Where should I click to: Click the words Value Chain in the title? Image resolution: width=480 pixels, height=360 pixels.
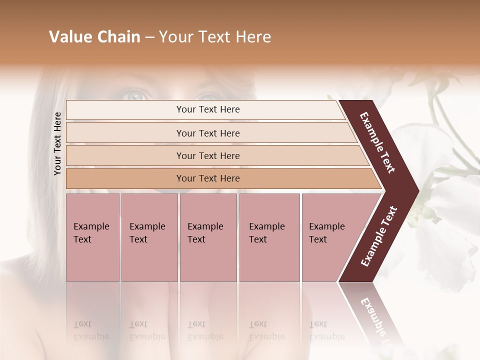[94, 37]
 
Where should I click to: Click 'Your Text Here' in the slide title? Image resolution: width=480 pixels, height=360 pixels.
[215, 37]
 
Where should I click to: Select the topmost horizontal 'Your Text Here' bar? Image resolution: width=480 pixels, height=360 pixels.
[207, 109]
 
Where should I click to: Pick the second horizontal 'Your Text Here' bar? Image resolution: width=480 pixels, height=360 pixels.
[207, 133]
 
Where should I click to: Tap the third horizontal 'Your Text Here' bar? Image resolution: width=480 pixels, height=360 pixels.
[207, 155]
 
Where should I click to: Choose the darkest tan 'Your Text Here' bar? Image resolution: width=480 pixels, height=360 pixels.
[207, 178]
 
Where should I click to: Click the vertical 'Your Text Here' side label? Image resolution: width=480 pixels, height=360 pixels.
[57, 143]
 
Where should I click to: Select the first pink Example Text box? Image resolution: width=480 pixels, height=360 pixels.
[92, 237]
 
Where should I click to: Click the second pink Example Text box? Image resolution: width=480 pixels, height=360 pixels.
[149, 237]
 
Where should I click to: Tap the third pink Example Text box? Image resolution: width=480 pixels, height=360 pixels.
[208, 237]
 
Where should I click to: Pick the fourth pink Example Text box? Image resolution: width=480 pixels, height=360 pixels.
[269, 237]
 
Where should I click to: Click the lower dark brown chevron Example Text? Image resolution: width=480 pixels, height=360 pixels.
[379, 236]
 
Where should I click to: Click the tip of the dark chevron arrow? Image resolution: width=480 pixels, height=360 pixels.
[418, 190]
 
